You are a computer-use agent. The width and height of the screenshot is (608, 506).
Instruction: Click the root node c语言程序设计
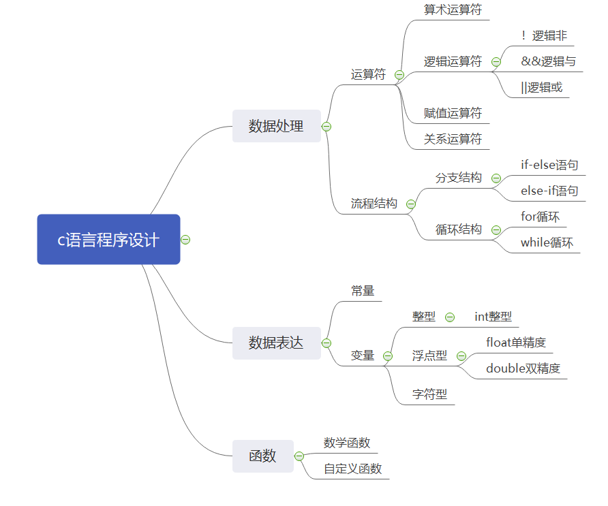click(x=108, y=240)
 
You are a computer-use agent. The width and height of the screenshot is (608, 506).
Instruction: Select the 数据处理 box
click(x=277, y=126)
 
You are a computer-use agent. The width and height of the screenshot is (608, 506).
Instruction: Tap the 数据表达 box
click(x=277, y=343)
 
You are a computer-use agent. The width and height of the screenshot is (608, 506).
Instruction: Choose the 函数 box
click(x=263, y=456)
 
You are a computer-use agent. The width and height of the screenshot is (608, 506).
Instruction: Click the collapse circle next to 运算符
click(x=399, y=75)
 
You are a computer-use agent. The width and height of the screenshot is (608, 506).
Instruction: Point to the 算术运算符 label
click(x=453, y=10)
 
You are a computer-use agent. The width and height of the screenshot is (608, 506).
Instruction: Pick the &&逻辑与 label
click(x=548, y=61)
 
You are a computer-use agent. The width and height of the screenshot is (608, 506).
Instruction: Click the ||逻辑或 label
click(x=542, y=87)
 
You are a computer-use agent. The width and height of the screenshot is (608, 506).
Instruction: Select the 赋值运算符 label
click(x=453, y=113)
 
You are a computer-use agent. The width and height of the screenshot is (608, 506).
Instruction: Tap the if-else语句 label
click(x=549, y=165)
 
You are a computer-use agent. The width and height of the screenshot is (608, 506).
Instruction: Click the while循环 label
click(x=547, y=242)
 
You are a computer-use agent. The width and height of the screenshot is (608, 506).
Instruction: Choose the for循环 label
click(x=540, y=217)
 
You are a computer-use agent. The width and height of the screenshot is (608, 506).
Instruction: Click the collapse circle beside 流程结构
click(x=411, y=204)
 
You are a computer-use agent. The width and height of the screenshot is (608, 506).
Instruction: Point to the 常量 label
click(x=363, y=291)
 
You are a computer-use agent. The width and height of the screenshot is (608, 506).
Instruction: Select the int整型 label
click(x=493, y=317)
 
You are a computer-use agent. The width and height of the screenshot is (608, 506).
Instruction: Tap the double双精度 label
click(x=523, y=368)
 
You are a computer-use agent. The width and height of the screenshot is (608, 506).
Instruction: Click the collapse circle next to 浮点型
click(x=461, y=356)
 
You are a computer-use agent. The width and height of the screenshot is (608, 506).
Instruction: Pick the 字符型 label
click(x=429, y=394)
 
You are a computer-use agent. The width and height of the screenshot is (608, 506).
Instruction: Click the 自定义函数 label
click(x=353, y=469)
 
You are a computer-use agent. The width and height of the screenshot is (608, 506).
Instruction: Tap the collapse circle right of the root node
click(x=185, y=240)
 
